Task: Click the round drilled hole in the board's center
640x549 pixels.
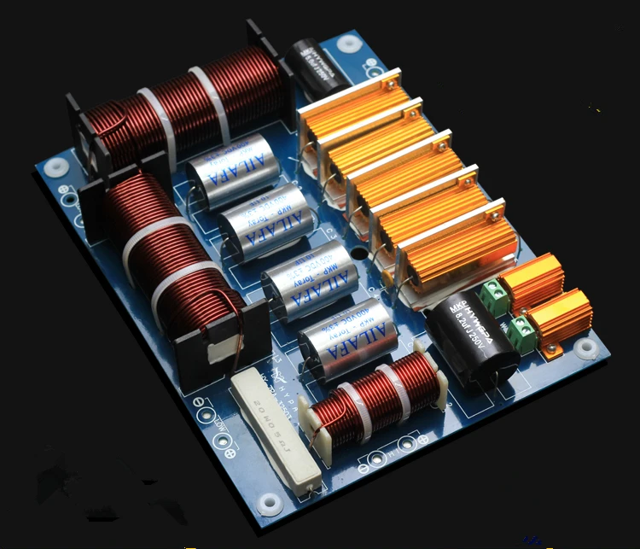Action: tap(363, 255)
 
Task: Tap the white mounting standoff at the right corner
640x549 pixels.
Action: tap(585, 348)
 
